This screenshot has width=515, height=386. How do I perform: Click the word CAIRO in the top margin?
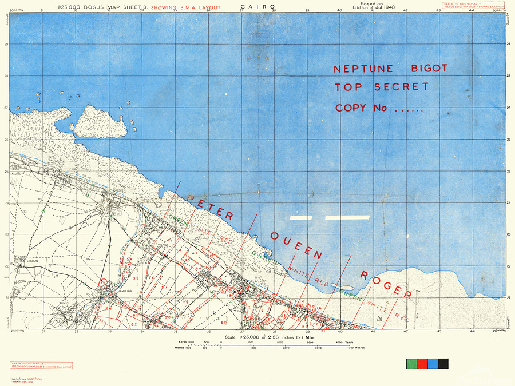[x=260, y=7]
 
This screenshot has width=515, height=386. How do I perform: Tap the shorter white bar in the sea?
[x=301, y=218]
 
